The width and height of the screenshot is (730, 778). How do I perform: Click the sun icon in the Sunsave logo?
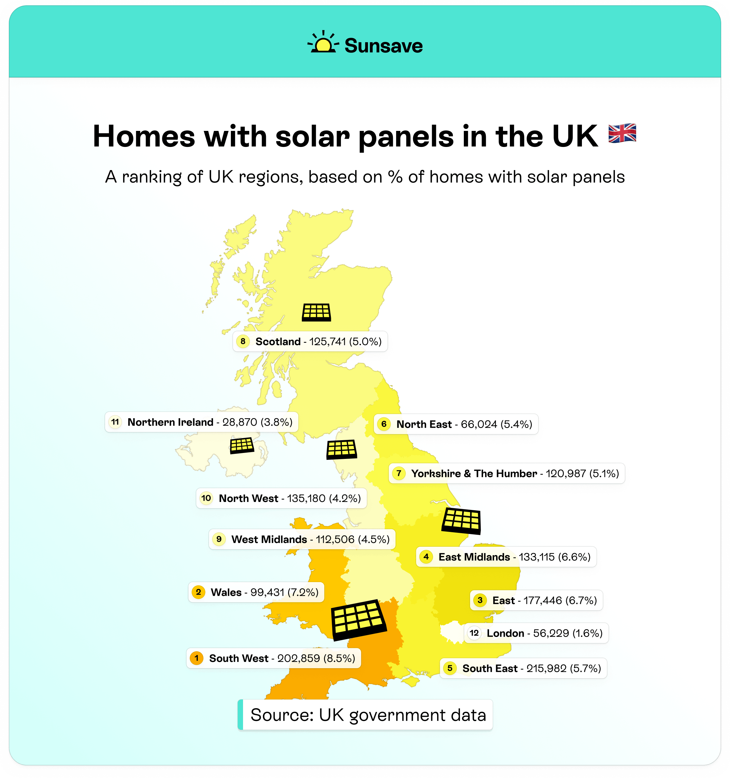click(323, 44)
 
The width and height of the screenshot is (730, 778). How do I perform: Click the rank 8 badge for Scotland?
click(243, 341)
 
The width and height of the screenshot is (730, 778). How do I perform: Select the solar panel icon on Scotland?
click(317, 312)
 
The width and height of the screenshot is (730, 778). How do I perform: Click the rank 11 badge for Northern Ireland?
click(115, 422)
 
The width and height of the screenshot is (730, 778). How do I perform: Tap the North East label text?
click(424, 424)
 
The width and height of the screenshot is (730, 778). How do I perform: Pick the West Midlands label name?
click(269, 539)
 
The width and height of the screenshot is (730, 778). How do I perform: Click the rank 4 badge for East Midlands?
click(426, 557)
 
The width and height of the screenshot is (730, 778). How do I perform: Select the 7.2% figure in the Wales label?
click(303, 592)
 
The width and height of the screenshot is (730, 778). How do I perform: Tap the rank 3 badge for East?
click(480, 600)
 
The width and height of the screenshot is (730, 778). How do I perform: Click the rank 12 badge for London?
click(474, 633)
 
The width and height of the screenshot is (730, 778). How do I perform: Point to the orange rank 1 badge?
click(196, 658)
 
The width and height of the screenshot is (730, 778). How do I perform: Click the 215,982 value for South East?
click(546, 668)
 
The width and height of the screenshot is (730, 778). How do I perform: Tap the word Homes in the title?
click(144, 136)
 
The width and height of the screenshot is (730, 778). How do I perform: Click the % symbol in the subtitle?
click(395, 177)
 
